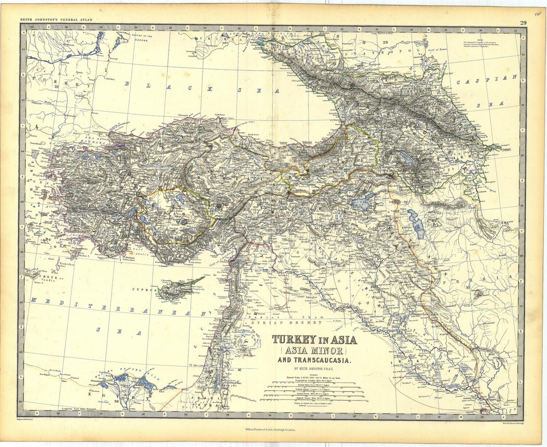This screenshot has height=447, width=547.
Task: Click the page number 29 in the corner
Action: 523,23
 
